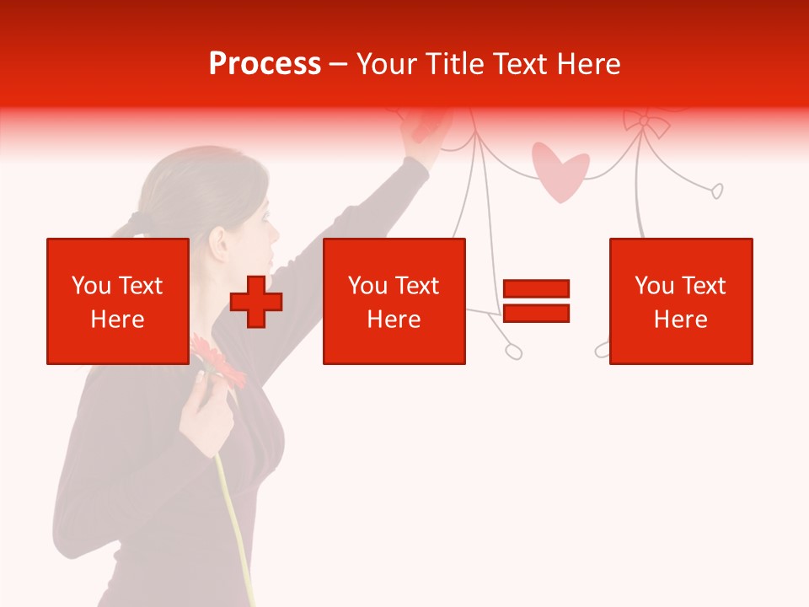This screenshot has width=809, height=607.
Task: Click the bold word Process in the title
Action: pyautogui.click(x=265, y=64)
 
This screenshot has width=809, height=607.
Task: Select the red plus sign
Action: pyautogui.click(x=256, y=301)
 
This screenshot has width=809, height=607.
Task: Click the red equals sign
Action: pyautogui.click(x=536, y=301)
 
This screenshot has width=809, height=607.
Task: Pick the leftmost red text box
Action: pyautogui.click(x=118, y=301)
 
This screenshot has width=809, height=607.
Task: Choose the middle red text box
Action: pyautogui.click(x=394, y=301)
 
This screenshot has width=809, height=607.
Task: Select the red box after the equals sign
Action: pyautogui.click(x=680, y=301)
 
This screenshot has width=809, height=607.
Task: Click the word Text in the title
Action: pyautogui.click(x=517, y=64)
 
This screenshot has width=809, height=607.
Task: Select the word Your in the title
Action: pyautogui.click(x=386, y=64)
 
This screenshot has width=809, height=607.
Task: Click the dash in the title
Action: pyautogui.click(x=339, y=64)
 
